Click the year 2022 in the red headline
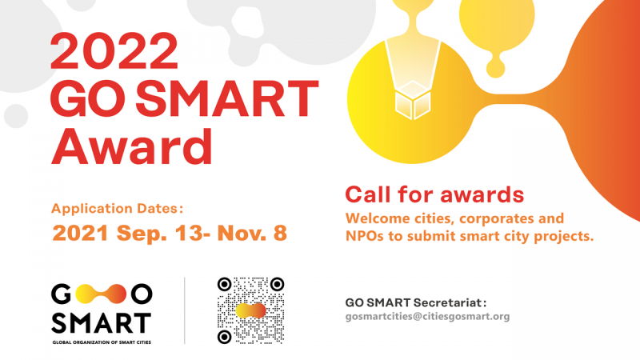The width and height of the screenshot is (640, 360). (114, 51)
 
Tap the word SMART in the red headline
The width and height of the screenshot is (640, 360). (227, 99)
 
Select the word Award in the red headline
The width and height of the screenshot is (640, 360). (131, 146)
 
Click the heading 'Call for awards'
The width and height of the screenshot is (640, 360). (434, 194)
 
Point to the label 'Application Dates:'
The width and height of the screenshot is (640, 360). (117, 208)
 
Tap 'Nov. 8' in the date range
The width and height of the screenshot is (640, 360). (252, 233)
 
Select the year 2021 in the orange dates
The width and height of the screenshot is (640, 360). (81, 233)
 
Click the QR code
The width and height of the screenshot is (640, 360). (250, 310)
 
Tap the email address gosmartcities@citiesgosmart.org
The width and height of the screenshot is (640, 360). (427, 316)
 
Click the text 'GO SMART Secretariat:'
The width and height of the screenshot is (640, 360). (416, 303)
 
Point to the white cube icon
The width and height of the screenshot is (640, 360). (413, 100)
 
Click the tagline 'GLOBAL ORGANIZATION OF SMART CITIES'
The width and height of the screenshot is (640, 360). (102, 342)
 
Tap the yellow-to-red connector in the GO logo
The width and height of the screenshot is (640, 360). (101, 294)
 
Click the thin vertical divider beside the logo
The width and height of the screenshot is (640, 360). (185, 310)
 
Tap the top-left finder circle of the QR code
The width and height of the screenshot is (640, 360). (225, 285)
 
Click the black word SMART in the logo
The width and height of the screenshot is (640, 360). (102, 323)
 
